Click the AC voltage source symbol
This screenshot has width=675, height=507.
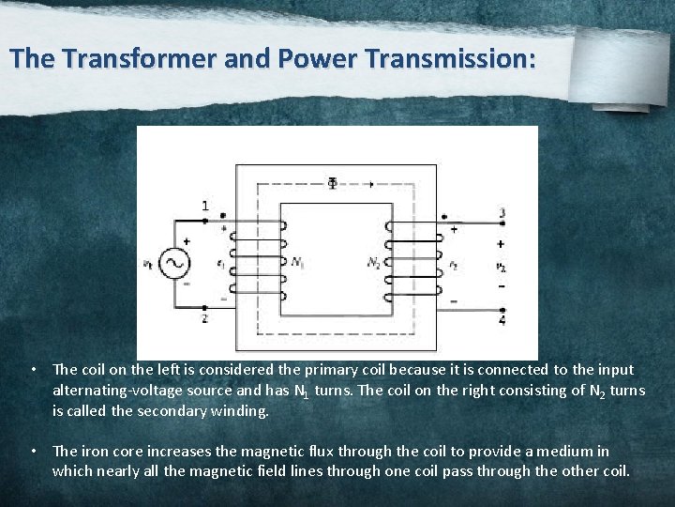[x=174, y=264]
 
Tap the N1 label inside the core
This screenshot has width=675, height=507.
[x=297, y=263]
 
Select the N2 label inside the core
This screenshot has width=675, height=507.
[x=374, y=262]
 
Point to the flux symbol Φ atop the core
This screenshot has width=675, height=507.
[x=332, y=182]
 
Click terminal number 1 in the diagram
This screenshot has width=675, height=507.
[x=205, y=206]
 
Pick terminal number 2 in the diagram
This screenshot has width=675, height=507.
[x=205, y=319]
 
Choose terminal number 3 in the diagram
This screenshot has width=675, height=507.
[x=502, y=213]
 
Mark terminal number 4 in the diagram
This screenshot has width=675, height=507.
[x=502, y=321]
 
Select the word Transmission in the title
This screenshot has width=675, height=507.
[x=453, y=59]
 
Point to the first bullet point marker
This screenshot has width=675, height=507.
[x=34, y=370]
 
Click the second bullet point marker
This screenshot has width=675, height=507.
[x=34, y=452]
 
